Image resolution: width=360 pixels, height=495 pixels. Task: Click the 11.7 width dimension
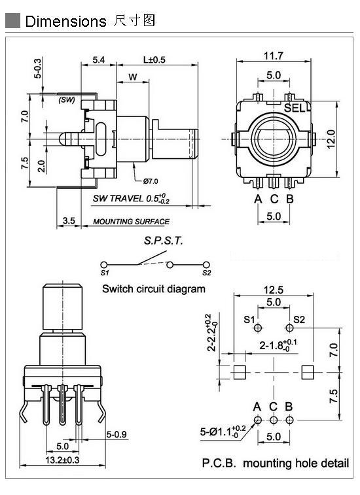tap(274, 56)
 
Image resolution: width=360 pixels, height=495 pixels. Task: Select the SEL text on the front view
tap(295, 109)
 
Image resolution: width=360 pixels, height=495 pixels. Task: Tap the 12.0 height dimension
tap(331, 139)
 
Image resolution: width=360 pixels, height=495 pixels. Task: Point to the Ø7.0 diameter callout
tap(151, 181)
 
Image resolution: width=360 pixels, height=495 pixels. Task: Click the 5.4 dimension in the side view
tap(99, 60)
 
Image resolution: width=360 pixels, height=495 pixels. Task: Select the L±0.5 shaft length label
tap(154, 60)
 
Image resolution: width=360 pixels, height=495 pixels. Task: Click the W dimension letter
tap(133, 77)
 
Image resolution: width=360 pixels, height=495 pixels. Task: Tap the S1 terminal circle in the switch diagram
tap(103, 265)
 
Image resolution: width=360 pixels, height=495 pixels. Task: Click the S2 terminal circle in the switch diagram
tap(206, 265)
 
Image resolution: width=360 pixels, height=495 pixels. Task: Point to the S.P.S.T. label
tap(164, 241)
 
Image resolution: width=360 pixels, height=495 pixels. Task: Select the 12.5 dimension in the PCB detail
tap(274, 290)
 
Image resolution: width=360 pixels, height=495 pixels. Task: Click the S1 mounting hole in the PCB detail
tap(258, 328)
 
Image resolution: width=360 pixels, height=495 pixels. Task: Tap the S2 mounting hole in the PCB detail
tap(289, 328)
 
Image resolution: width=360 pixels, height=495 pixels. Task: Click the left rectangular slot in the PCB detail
tap(240, 372)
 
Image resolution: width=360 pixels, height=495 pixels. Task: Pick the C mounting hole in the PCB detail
tap(274, 420)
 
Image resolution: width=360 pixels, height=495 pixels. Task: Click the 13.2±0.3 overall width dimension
tap(62, 460)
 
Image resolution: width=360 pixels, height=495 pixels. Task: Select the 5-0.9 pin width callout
tap(117, 435)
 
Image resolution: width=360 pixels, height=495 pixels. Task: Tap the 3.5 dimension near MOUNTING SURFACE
tap(69, 220)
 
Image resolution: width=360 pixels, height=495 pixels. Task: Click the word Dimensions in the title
tap(65, 22)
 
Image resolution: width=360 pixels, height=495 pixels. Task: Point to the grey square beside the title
tap(12, 21)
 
